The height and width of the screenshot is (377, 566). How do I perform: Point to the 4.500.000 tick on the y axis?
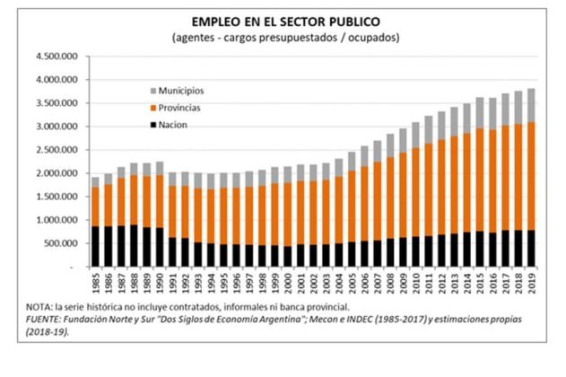tap(56, 57)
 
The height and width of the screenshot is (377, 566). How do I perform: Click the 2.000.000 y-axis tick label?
tap(56, 173)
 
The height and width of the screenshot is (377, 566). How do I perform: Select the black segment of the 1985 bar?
tap(95, 246)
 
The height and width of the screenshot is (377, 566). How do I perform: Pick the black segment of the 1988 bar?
tap(133, 245)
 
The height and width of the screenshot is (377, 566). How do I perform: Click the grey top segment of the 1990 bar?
tap(158, 168)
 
